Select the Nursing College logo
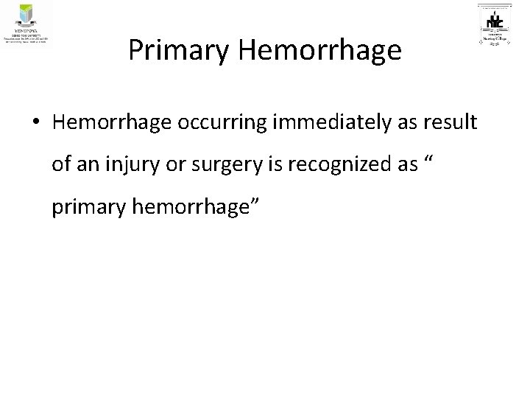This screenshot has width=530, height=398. [x=499, y=25]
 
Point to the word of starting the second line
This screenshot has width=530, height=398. [x=61, y=166]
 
